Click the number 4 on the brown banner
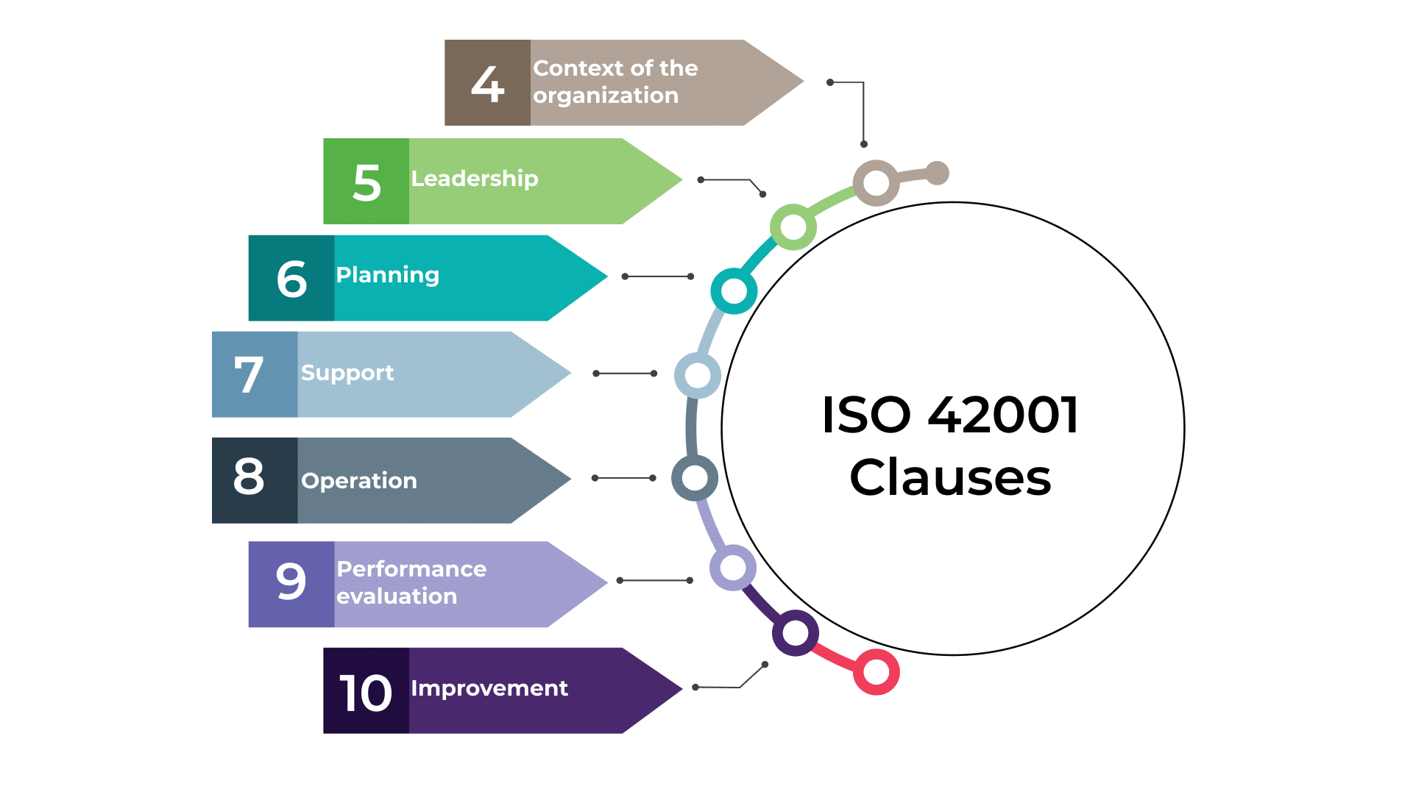[x=487, y=84]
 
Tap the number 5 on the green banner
[x=366, y=182]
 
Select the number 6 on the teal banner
[x=291, y=279]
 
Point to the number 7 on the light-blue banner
[x=249, y=375]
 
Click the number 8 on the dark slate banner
[x=249, y=477]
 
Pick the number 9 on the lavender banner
[x=291, y=582]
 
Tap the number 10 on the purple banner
[x=366, y=693]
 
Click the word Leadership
[x=475, y=179]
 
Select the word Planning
[x=388, y=275]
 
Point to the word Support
[x=347, y=373]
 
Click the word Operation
[x=359, y=481]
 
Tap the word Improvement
[x=489, y=688]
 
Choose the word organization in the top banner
[x=606, y=96]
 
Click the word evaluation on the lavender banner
[x=397, y=596]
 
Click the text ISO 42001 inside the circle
[x=950, y=415]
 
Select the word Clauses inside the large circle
[x=950, y=478]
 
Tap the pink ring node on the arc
[x=877, y=671]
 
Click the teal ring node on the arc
[x=734, y=290]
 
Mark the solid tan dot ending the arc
[x=937, y=174]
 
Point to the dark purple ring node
[x=796, y=632]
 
